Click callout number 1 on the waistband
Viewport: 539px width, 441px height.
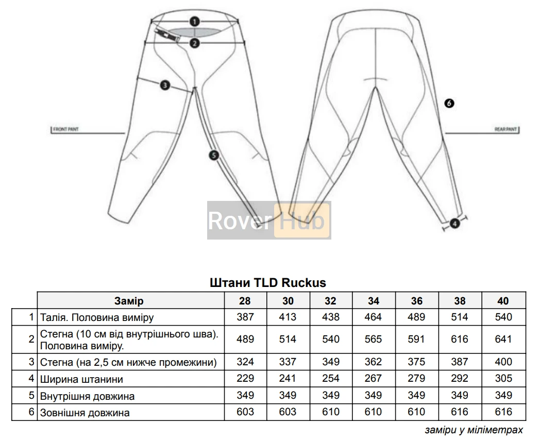[x=194, y=22]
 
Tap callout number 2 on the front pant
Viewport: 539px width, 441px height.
[x=194, y=43]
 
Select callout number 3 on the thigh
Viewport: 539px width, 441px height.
[x=164, y=86]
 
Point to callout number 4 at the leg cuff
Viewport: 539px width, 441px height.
[x=454, y=223]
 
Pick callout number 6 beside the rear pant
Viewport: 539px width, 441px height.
[x=449, y=103]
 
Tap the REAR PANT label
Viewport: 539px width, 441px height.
[x=505, y=129]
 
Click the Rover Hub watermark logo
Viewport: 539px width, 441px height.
[x=268, y=220]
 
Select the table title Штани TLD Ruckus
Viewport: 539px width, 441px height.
[x=268, y=283]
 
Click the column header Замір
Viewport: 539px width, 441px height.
[x=129, y=301]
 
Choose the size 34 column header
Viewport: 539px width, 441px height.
[x=374, y=301]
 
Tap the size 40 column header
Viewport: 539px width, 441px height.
[x=503, y=301]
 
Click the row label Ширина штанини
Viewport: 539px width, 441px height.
[x=81, y=380]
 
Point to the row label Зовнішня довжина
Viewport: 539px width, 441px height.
[x=85, y=412]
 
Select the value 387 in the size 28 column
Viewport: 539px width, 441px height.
[x=245, y=317]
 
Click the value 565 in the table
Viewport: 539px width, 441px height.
[x=374, y=339]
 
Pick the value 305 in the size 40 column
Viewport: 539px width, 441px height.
[x=503, y=379]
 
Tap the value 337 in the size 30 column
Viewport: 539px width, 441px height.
[x=288, y=362]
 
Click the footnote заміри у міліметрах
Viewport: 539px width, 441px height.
[x=474, y=429]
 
